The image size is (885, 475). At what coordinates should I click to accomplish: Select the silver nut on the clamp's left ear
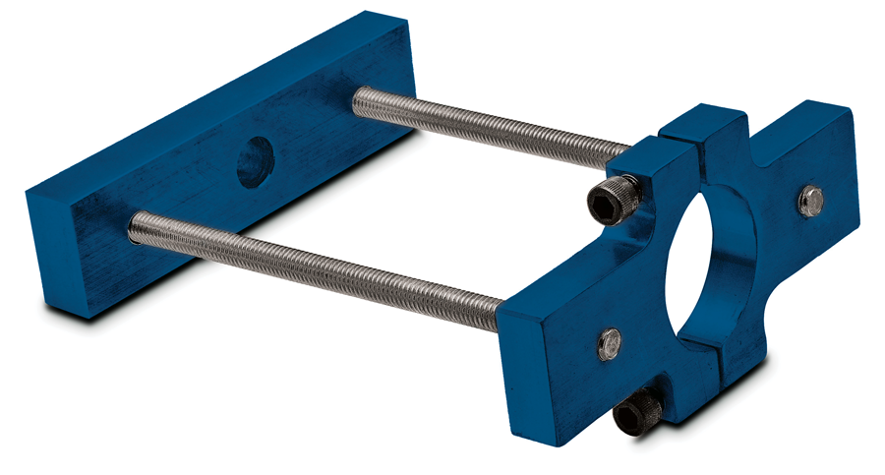tap(609, 343)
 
